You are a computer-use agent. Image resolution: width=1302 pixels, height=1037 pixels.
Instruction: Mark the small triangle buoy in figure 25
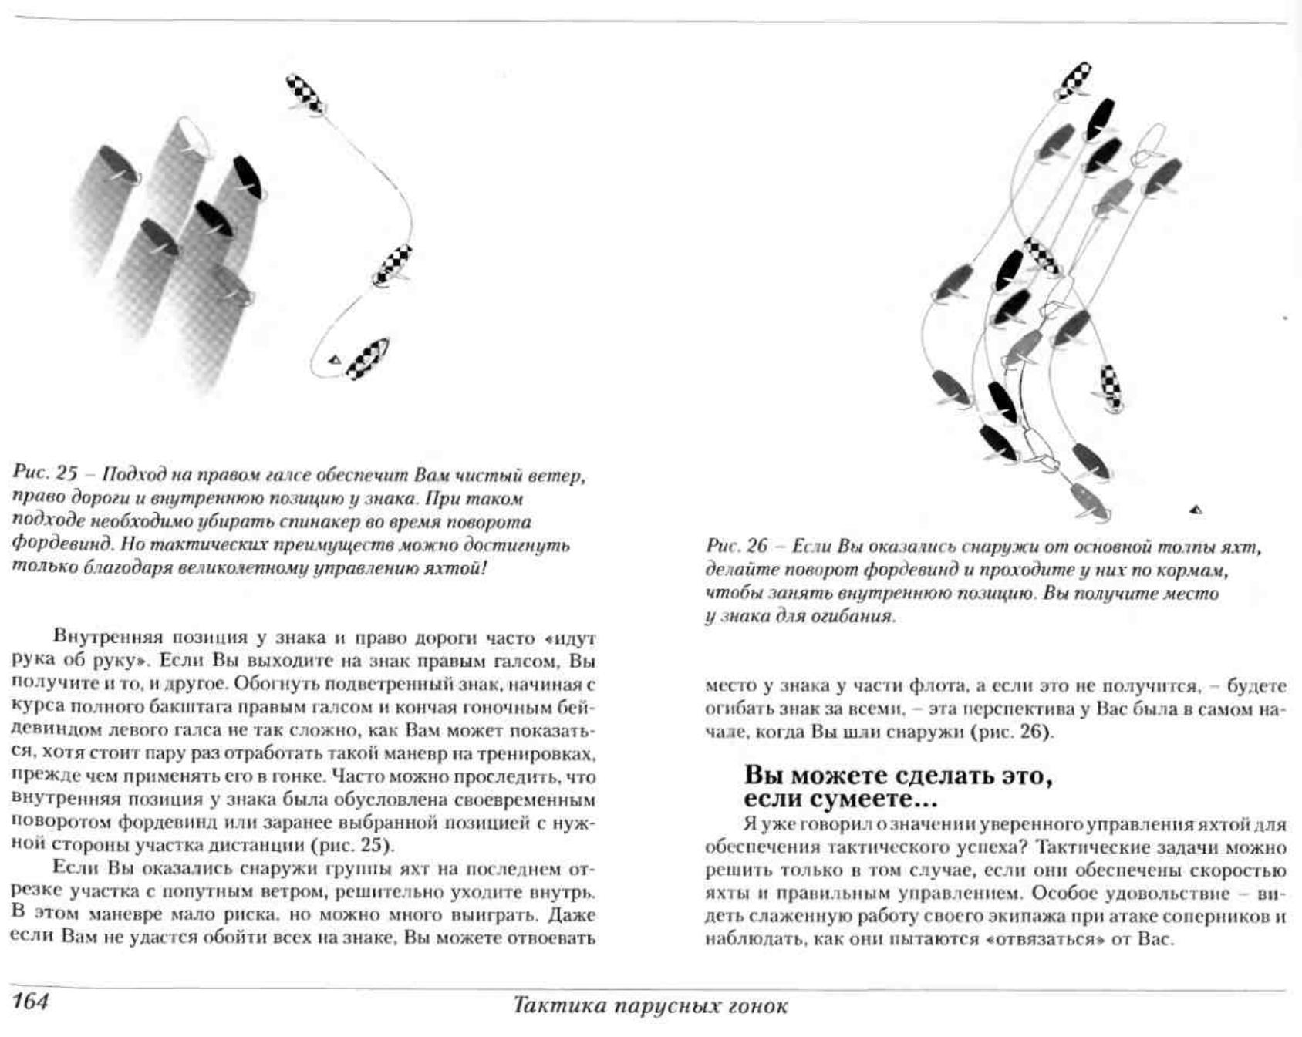335,359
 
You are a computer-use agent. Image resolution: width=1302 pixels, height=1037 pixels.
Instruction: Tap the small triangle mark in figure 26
1196,509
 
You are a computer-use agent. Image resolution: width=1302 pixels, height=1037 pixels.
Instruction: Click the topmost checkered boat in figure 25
305,94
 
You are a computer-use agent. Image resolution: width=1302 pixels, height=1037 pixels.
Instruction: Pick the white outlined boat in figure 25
194,136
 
